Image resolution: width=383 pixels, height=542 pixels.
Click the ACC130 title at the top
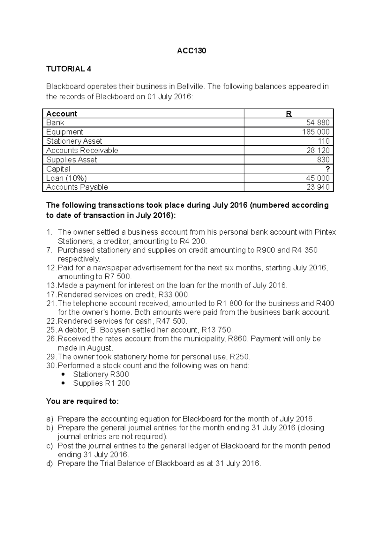[191, 51]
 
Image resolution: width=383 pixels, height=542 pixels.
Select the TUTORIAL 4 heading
[69, 69]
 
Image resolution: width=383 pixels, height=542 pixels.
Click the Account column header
[62, 114]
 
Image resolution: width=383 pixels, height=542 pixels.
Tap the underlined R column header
[289, 114]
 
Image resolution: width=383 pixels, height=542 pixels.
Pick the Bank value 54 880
[318, 123]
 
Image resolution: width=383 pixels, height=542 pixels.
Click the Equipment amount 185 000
[316, 132]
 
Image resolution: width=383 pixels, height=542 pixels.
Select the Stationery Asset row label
[74, 141]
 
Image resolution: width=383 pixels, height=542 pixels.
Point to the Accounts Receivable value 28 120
[318, 150]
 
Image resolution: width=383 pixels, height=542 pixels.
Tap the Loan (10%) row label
[66, 178]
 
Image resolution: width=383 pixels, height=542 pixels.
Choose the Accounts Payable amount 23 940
[318, 187]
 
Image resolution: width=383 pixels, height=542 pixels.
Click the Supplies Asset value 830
[323, 160]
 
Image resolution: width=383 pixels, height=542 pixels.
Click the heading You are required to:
[82, 401]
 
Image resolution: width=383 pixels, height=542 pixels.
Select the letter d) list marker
[49, 463]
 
